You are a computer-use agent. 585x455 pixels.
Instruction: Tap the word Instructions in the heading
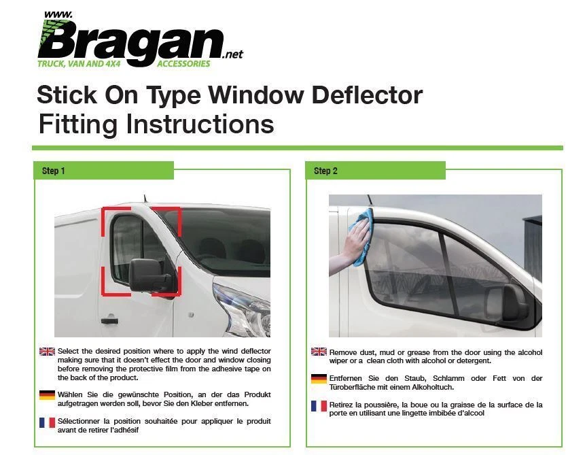pos(200,124)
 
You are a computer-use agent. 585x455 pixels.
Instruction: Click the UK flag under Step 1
pos(47,352)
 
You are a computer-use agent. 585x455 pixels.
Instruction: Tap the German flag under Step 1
pos(47,395)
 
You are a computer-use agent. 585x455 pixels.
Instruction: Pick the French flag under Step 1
pos(47,422)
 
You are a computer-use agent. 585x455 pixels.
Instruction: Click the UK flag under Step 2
pos(319,352)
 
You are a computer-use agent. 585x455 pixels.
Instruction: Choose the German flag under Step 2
pos(319,379)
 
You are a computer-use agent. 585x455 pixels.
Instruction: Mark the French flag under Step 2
pos(319,405)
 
